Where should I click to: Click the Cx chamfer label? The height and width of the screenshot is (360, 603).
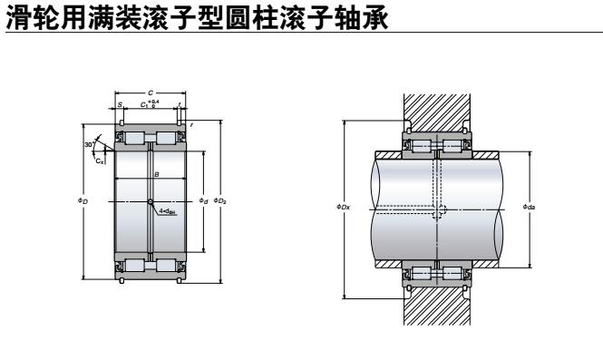(x=100, y=161)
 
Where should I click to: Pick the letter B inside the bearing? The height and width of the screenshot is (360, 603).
(x=156, y=173)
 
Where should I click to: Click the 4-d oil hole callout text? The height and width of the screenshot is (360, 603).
(x=167, y=210)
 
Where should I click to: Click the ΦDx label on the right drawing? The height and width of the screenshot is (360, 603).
(x=343, y=208)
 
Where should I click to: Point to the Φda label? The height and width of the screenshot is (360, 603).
(x=529, y=208)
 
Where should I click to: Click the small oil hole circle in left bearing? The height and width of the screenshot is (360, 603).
(x=150, y=200)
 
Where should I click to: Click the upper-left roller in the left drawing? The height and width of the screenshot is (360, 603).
(x=135, y=138)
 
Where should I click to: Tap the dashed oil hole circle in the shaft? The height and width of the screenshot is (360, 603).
(x=439, y=210)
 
